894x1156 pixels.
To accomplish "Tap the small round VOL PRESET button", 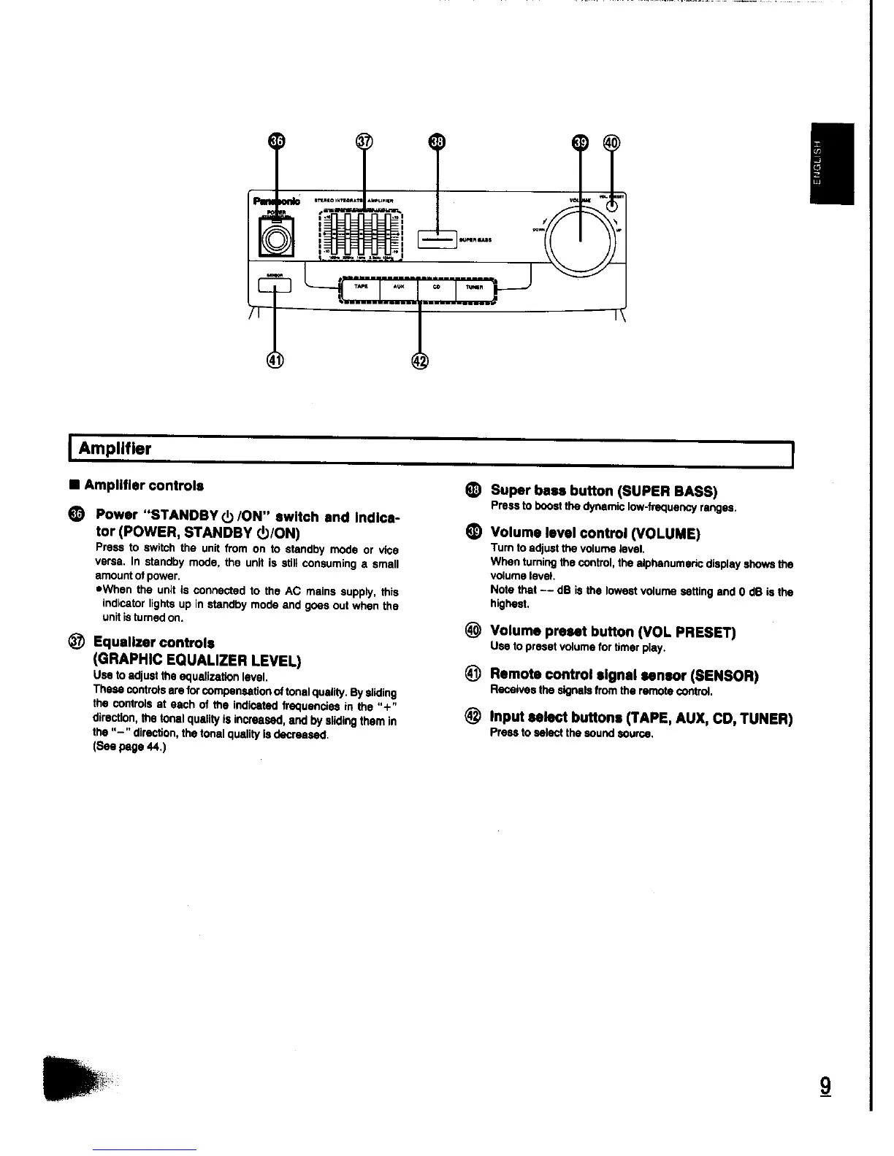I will tap(611, 207).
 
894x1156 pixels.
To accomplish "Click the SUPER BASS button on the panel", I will tap(437, 239).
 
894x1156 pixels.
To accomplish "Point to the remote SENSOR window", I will tap(275, 285).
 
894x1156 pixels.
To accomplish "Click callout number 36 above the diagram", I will tap(275, 142).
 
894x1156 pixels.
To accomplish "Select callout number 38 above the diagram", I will tap(436, 142).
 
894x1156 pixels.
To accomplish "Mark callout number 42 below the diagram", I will tap(420, 360).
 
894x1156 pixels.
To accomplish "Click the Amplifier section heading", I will tap(115, 449).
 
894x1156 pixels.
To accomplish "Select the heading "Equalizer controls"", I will tap(153, 643).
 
